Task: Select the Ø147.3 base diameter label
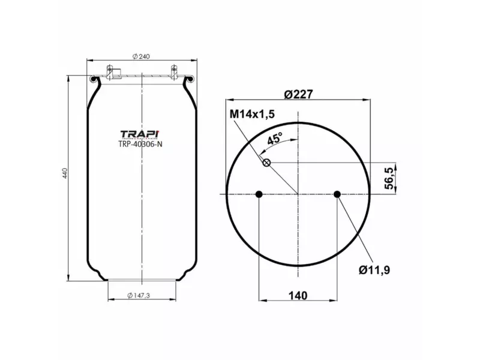(142, 295)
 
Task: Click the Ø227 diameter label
(298, 94)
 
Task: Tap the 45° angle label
(274, 139)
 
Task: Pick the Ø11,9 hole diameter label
(375, 269)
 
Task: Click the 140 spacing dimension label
(298, 295)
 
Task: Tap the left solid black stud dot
(259, 194)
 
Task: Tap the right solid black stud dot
(337, 194)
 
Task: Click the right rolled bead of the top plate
(192, 79)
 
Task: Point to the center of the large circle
(298, 194)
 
